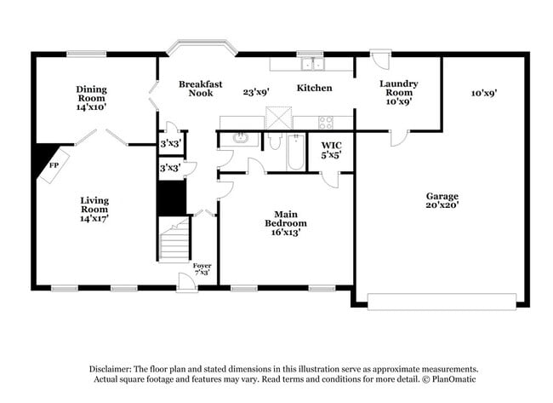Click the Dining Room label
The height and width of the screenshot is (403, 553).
(91, 98)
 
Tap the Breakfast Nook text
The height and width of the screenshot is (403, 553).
(201, 89)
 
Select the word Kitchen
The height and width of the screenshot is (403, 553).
(314, 88)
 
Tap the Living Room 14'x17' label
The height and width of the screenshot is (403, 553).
(94, 210)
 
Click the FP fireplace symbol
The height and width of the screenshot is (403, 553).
(53, 163)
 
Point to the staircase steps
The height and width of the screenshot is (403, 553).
(174, 241)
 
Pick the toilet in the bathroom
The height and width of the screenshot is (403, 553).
(273, 140)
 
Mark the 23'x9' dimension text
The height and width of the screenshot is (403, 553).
(255, 93)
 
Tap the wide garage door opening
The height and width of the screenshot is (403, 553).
(442, 301)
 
